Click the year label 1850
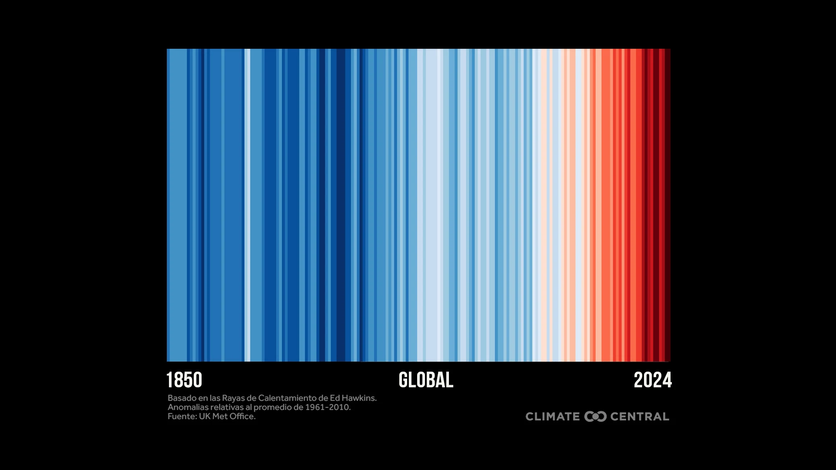point(184,380)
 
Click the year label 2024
point(652,380)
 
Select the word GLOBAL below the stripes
point(426,380)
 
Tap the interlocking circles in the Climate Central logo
point(595,416)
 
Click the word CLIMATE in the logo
point(553,416)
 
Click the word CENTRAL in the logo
point(640,416)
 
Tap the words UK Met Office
point(227,416)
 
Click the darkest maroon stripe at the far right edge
point(667,205)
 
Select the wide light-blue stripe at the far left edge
point(177,205)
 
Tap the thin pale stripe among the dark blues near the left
point(247,205)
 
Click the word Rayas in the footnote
point(233,398)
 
